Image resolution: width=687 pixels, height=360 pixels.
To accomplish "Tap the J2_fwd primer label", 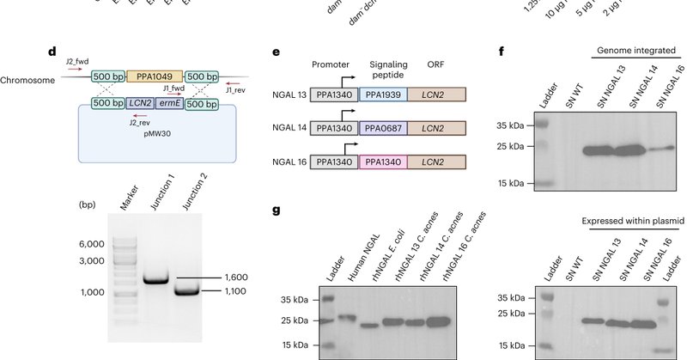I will point(80,62).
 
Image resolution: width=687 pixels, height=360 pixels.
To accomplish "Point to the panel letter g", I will point(277,210).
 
